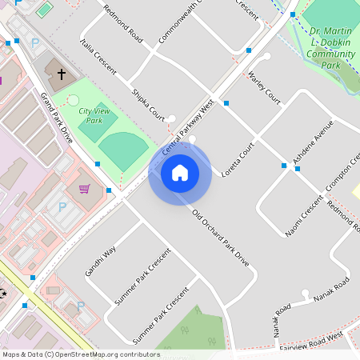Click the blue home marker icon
[180, 172]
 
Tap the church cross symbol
[62, 74]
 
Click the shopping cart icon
[85, 189]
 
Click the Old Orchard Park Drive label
[222, 238]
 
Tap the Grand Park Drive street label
[57, 118]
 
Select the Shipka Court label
[147, 105]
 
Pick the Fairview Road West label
[312, 340]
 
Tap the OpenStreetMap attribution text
[80, 354]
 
